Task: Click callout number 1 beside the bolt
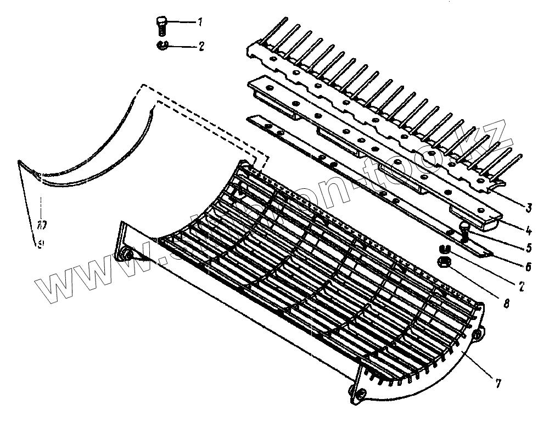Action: point(200,23)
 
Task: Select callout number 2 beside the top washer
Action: point(201,47)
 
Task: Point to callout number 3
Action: point(528,207)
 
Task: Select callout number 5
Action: point(528,248)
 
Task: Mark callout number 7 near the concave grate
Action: point(497,384)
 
